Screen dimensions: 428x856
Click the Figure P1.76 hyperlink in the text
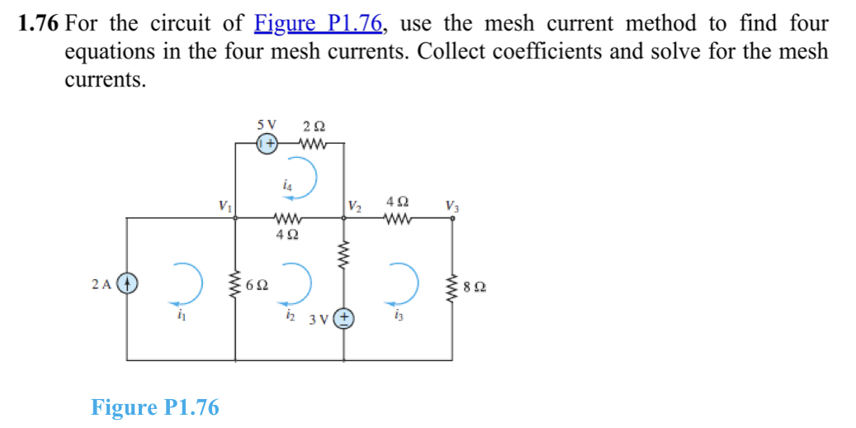coord(319,24)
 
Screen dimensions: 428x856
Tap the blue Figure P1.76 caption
coord(154,407)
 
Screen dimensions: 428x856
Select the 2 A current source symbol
coord(126,284)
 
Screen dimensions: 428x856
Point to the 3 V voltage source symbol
coord(344,318)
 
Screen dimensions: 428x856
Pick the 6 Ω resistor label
coord(257,287)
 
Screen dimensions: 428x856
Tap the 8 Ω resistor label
coord(475,288)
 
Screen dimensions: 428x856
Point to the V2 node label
coord(354,205)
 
